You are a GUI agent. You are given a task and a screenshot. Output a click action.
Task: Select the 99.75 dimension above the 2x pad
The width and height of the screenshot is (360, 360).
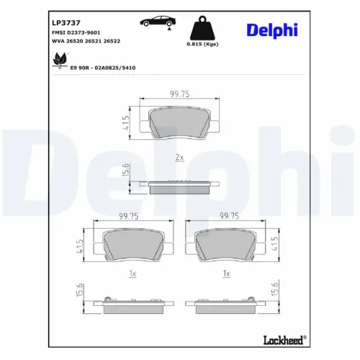tap(179, 93)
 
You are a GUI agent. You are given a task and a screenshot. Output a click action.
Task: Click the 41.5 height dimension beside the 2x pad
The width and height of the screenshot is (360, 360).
tap(127, 123)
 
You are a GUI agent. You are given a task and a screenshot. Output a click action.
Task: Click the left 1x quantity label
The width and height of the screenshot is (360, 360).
tap(132, 274)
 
